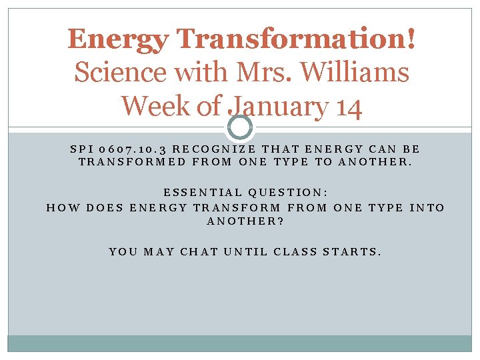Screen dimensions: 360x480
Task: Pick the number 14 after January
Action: pyautogui.click(x=347, y=106)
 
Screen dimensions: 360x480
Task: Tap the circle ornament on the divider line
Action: pyautogui.click(x=239, y=127)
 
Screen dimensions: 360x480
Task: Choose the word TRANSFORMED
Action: pyautogui.click(x=131, y=162)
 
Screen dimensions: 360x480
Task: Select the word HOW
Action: pyautogui.click(x=59, y=207)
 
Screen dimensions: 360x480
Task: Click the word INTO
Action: pyautogui.click(x=427, y=207)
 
